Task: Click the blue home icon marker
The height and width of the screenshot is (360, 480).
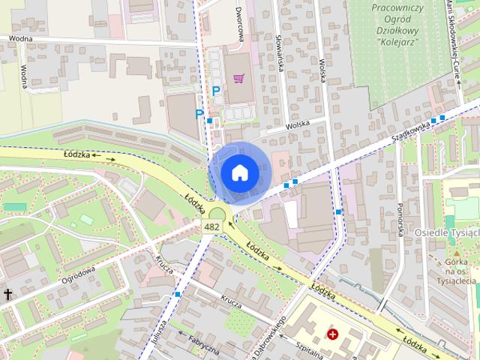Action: [x=238, y=172]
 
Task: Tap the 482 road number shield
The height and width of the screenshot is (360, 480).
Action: [x=211, y=226]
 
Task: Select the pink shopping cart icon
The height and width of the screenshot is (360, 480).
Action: [x=238, y=77]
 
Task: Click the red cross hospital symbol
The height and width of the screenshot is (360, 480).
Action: [x=331, y=332]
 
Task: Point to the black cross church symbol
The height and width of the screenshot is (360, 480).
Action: [x=7, y=295]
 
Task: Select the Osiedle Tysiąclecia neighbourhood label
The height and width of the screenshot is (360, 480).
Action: [x=447, y=232]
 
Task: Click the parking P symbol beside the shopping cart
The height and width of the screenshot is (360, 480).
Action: [x=216, y=91]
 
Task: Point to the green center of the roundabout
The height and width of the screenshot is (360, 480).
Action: [x=217, y=213]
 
